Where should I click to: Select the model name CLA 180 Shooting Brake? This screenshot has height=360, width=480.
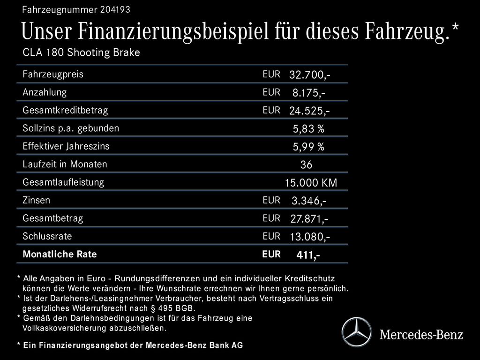point(81,52)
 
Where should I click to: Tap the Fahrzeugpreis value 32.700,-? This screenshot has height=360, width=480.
point(309,75)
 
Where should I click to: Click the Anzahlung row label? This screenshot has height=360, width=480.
point(45,92)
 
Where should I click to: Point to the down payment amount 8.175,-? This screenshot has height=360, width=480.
point(309,93)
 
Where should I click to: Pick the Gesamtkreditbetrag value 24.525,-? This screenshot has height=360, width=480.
point(309,111)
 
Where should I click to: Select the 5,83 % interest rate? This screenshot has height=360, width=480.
point(308,129)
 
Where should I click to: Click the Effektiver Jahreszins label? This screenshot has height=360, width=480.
point(66,146)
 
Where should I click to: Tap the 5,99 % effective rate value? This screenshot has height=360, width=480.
point(308,147)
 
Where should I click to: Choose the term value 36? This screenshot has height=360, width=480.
point(306,165)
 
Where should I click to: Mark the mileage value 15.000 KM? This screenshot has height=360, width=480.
point(311,183)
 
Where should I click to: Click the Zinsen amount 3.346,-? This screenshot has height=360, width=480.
point(309,201)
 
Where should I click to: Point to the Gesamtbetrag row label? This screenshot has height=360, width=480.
point(52,218)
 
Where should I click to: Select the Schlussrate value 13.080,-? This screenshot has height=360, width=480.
point(309,237)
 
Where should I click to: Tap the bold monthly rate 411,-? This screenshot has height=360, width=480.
point(308,255)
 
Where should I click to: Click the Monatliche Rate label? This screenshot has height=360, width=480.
point(60,254)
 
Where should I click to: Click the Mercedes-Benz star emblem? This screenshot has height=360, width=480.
point(356,332)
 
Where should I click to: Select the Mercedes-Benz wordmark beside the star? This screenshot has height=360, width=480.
point(421,334)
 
